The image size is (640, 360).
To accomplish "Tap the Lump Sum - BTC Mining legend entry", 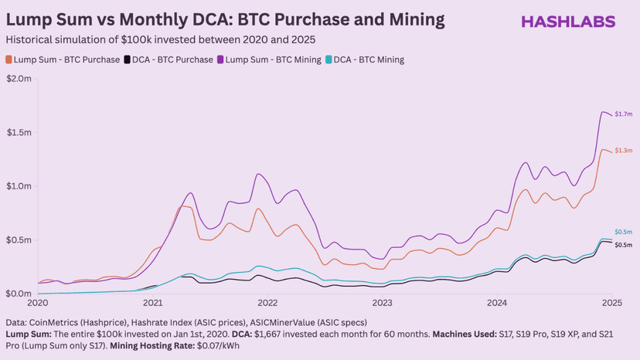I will point(271,59).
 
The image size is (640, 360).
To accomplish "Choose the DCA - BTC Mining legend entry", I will point(368,59).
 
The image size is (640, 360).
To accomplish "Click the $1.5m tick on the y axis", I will point(19,133).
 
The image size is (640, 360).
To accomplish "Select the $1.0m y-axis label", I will point(19,187).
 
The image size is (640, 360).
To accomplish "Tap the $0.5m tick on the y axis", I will point(19,240).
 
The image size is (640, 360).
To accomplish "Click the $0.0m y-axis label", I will point(19,294).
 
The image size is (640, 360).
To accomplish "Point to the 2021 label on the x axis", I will point(152,303).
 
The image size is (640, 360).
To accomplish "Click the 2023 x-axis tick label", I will point(382,303).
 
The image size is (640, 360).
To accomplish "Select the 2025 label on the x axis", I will point(612,303).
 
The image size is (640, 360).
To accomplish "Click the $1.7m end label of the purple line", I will point(624,115).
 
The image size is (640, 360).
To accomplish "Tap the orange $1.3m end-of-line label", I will point(624,150).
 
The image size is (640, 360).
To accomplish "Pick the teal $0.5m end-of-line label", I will point(624,232).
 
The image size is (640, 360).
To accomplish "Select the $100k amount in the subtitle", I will point(174,39).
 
